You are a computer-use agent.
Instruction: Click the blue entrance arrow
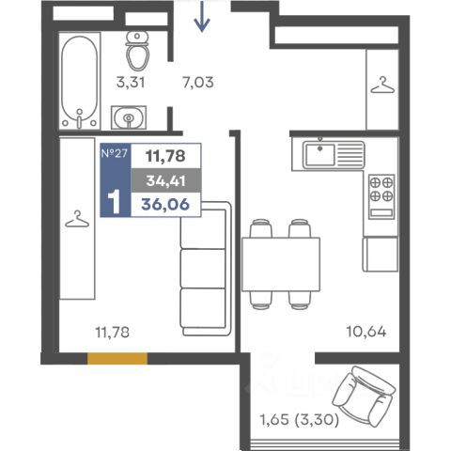[x=202, y=16]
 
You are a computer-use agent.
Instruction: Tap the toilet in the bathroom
[x=137, y=51]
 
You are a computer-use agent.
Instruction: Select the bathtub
[x=79, y=82]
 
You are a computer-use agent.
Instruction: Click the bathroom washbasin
[x=129, y=117]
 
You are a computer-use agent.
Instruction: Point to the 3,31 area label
[x=131, y=83]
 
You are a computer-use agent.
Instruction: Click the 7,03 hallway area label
[x=198, y=83]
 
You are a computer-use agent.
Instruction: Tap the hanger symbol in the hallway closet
[x=382, y=86]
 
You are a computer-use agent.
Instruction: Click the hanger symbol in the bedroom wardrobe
[x=77, y=219]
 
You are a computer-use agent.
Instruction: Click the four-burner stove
[x=381, y=196]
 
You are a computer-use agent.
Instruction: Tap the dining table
[x=281, y=265]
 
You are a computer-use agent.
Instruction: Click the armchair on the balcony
[x=364, y=396]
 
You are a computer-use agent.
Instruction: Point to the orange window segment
[x=117, y=359]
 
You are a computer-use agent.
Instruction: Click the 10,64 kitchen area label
[x=366, y=332]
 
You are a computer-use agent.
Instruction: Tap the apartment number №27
[x=115, y=153]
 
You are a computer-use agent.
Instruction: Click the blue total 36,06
[x=165, y=205]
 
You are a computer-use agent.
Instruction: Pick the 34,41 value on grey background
[x=165, y=180]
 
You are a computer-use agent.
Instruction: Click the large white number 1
[x=114, y=201]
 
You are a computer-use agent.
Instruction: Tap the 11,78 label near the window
[x=113, y=332]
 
